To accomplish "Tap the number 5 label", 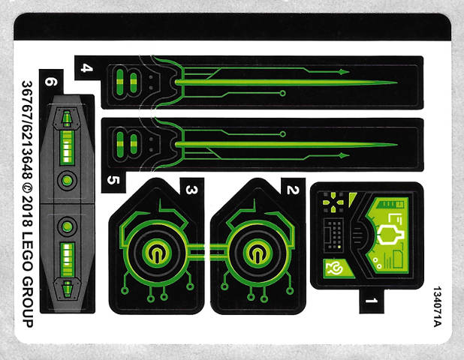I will click(x=113, y=180).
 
